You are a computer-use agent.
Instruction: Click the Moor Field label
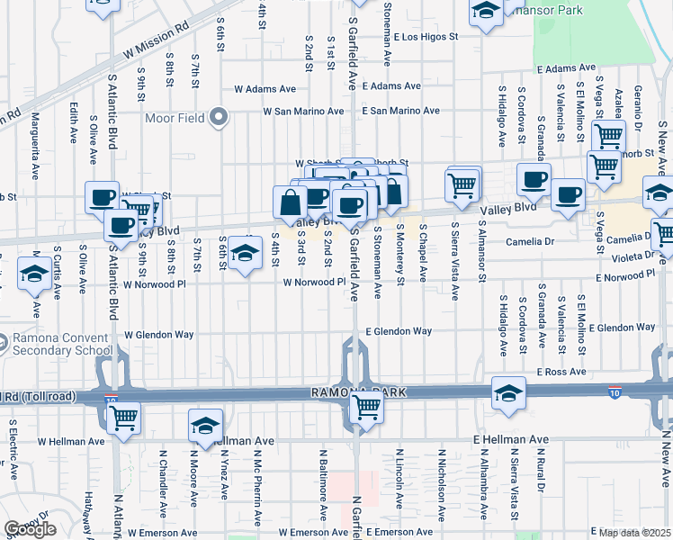point(184,118)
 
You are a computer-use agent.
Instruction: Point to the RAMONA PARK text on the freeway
point(360,392)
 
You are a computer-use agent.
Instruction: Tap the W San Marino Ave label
point(303,112)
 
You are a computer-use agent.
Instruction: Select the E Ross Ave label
point(561,372)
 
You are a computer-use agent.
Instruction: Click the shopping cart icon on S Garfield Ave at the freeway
point(366,407)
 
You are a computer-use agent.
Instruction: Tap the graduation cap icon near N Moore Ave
point(205,427)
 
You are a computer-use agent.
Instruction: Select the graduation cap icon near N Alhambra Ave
point(508,394)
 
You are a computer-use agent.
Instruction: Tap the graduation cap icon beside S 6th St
point(244,254)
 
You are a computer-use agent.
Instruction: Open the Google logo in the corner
point(30,529)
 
